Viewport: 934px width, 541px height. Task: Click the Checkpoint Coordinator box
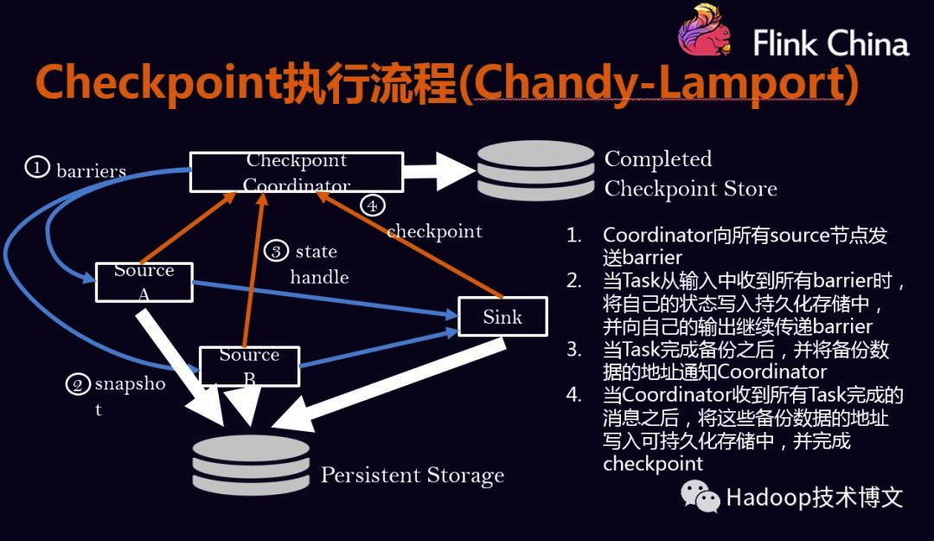pos(296,172)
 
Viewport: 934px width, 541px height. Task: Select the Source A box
pos(144,281)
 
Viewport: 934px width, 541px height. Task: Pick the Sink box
pos(502,317)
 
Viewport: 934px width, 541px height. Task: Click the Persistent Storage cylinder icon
pos(251,463)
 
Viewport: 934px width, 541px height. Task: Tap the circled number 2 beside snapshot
pos(78,383)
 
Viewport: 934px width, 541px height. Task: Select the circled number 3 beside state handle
pos(276,251)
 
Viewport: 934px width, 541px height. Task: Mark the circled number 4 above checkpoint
pos(371,206)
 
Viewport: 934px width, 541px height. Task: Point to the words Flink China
pos(830,43)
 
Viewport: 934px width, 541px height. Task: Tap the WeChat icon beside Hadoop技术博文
pos(700,496)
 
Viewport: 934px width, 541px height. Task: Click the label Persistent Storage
pos(412,475)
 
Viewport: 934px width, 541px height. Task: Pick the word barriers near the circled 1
pos(91,171)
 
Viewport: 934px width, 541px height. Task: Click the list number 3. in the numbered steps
pos(574,351)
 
